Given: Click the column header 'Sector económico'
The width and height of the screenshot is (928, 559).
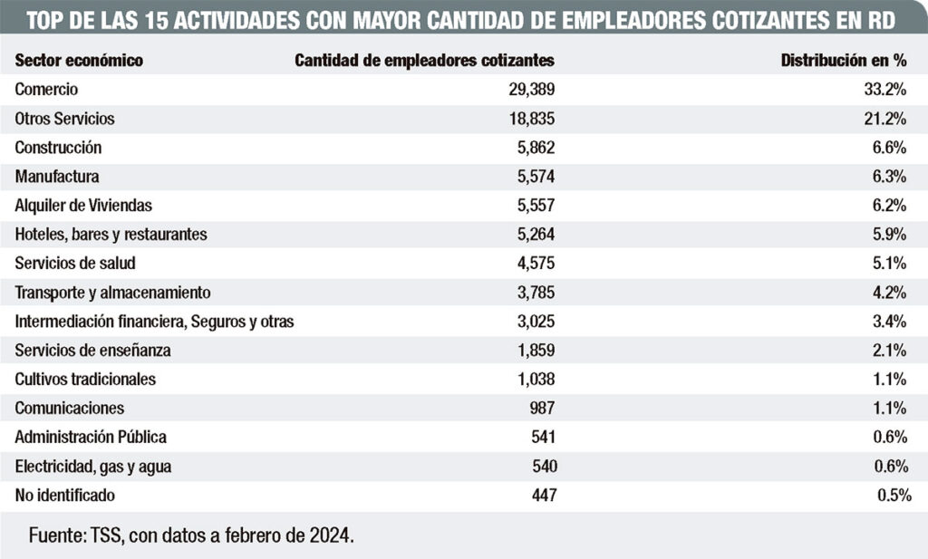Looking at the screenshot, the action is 79,61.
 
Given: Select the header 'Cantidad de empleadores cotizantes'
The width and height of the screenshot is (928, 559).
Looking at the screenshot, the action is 424,61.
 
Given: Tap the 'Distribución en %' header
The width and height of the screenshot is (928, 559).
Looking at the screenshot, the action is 844,61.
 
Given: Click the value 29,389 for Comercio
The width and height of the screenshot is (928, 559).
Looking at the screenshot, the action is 531,90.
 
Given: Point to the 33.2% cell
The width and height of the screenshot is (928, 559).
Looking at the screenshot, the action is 884,90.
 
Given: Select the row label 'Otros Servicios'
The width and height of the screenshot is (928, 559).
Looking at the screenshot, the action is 64,119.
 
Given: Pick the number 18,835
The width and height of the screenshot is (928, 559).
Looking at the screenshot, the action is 531,119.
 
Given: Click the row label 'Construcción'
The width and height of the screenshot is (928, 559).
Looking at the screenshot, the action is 58,148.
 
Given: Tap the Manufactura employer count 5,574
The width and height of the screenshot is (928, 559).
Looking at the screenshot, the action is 536,177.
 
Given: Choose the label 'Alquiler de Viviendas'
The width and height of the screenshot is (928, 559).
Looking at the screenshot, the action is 83,206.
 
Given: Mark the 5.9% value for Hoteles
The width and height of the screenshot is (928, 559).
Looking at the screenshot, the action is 889,235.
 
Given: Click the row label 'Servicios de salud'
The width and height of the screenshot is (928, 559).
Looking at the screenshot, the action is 75,264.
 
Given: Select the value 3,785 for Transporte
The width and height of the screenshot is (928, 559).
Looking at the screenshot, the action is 536,293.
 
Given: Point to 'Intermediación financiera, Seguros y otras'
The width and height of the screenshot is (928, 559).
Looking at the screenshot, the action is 154,322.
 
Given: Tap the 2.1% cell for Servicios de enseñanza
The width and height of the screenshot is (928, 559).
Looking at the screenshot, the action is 889,351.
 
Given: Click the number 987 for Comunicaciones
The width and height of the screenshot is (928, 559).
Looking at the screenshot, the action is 542,409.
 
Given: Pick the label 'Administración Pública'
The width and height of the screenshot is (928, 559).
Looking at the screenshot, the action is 91,438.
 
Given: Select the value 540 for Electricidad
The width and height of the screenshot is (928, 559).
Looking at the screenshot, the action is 545,466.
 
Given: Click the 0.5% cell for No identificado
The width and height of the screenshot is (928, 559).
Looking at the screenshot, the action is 894,495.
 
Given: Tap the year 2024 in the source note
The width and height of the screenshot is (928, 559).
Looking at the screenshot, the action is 331,535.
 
